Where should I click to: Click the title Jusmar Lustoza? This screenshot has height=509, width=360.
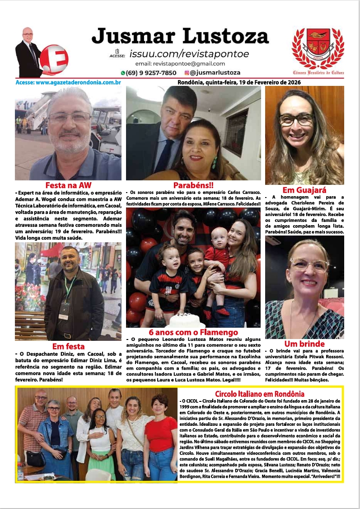[180, 36]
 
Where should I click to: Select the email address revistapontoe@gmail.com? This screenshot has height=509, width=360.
[180, 64]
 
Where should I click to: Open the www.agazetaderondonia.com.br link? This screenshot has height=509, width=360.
[68, 83]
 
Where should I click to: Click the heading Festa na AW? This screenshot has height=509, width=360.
[68, 185]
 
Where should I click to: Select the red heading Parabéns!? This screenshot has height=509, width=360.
[193, 185]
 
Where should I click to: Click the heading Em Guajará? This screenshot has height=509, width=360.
[304, 190]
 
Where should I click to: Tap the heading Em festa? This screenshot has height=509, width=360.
[68, 346]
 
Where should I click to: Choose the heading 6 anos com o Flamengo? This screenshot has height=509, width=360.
[193, 333]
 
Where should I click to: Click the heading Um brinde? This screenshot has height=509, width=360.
[304, 344]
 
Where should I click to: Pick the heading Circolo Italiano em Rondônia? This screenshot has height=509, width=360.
[260, 393]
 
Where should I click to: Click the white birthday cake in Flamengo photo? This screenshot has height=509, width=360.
[185, 321]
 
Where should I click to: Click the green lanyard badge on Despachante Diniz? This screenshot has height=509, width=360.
[64, 312]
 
